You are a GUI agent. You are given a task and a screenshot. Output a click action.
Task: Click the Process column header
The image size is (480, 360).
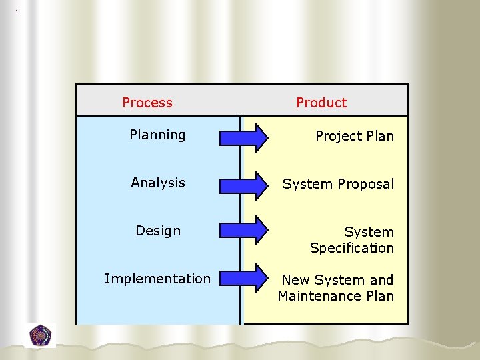(x=147, y=103)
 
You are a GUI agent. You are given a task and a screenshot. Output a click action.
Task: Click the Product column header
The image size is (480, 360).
(x=321, y=103)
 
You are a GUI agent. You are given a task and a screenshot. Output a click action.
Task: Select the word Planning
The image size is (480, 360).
(x=157, y=135)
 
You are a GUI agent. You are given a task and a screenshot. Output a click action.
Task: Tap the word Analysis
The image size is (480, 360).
(x=158, y=183)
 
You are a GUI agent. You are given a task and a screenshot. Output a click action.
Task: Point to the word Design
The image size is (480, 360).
(x=158, y=231)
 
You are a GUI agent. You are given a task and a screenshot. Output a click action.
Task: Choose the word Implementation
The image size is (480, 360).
(x=157, y=279)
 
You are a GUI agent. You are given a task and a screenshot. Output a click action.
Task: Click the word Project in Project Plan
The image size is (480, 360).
(x=338, y=137)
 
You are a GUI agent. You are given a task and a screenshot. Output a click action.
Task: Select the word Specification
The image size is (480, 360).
(x=352, y=248)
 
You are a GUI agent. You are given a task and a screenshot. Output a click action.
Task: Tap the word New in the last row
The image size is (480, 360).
(x=295, y=280)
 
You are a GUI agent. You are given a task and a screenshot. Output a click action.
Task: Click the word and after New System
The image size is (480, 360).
(x=382, y=280)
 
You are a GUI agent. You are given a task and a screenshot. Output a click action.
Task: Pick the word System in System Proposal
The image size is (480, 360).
(x=308, y=185)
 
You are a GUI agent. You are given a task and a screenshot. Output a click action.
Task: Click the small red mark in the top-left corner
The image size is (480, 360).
(x=17, y=11)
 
